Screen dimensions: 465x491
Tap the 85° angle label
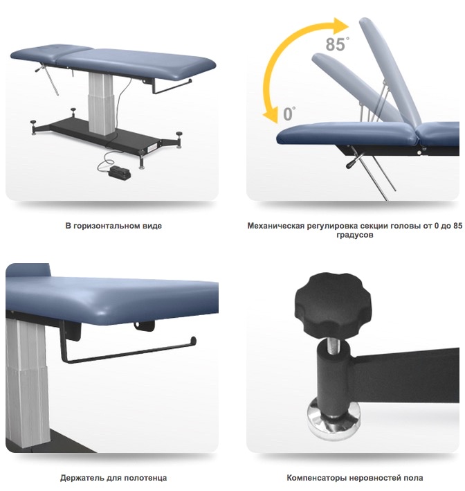tap(337, 44)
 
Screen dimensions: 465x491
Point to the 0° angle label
tap(289, 114)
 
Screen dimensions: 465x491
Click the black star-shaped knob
tap(333, 305)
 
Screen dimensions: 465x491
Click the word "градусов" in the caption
tap(355, 235)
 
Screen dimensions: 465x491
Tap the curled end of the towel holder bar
tap(193, 341)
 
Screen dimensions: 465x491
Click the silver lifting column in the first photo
tap(100, 102)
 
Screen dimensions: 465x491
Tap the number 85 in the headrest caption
tap(457, 226)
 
